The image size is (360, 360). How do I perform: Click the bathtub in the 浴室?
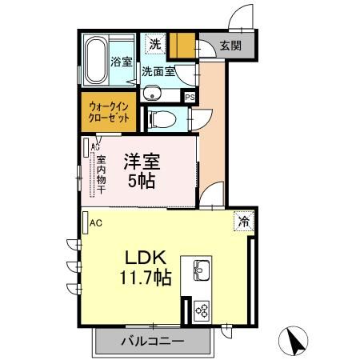point(96,60)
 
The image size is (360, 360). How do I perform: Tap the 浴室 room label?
point(122,62)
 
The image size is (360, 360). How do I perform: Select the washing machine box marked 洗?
point(155,44)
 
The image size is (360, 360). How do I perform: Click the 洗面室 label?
point(158,71)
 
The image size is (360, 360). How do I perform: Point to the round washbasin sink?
point(152,94)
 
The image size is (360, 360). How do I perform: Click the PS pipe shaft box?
point(190,98)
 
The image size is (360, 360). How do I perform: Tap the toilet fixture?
point(162,119)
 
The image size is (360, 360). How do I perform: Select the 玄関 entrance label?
point(230,46)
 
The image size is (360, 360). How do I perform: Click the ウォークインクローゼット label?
point(109,112)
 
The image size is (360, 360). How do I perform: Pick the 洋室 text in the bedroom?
point(142,162)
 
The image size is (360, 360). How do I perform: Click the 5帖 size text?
point(142,182)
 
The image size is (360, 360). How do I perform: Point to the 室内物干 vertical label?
point(101,174)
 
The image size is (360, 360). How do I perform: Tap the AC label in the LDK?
point(96,223)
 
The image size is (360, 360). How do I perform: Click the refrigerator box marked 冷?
point(244,221)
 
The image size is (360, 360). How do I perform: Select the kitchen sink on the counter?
point(202,270)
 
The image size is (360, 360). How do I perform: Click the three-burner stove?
point(202,311)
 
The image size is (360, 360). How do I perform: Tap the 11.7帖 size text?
point(145,278)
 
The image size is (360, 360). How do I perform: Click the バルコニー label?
point(153,341)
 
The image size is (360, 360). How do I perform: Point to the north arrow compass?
point(293,341)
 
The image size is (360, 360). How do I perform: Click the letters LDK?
point(146,257)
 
